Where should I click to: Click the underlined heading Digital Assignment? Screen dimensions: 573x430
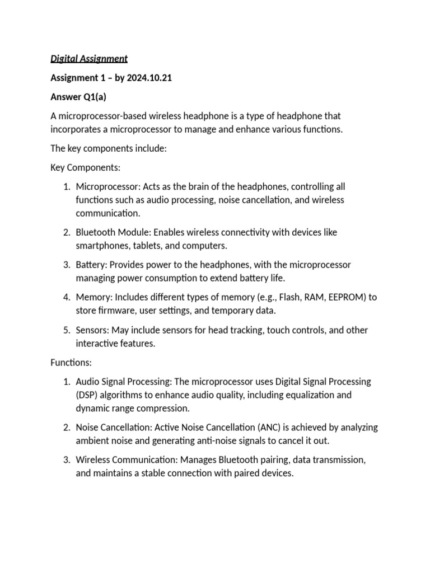click(x=89, y=58)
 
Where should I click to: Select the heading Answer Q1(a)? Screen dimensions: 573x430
click(x=74, y=97)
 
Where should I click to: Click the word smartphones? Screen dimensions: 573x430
click(x=102, y=245)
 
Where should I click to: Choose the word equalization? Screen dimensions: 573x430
click(x=309, y=395)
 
